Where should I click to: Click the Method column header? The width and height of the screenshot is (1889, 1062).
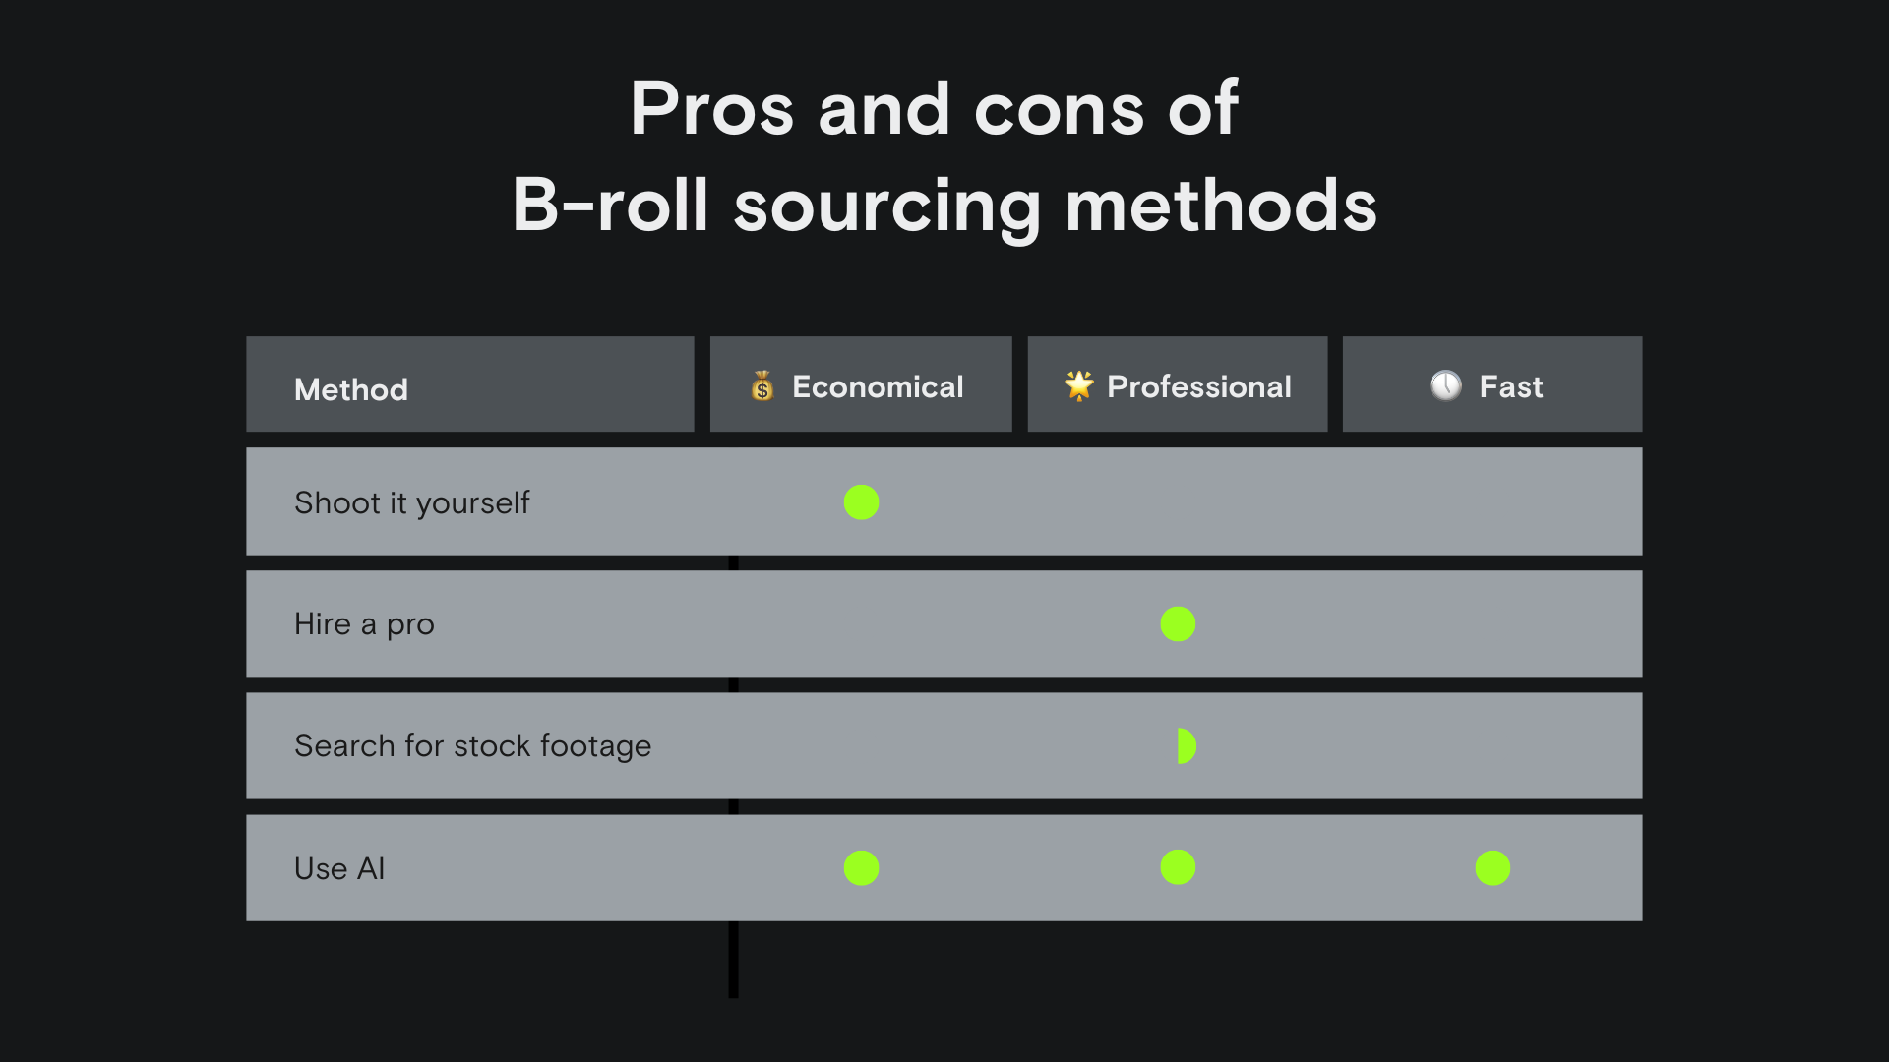351,389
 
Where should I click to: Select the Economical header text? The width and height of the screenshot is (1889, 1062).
878,386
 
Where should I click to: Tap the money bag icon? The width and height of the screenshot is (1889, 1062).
762,385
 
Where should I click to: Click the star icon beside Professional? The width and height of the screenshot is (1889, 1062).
1079,385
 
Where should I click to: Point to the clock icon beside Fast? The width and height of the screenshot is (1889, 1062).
1445,385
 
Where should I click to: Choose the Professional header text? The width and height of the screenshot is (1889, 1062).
1199,386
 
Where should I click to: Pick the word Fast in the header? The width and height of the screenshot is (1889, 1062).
1511,386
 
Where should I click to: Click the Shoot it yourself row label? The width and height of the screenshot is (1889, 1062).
411,503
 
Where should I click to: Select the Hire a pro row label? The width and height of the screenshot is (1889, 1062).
364,624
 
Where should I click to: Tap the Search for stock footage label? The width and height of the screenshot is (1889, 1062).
472,746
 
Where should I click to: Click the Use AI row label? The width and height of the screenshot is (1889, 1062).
339,869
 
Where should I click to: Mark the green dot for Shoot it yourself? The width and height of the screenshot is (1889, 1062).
861,502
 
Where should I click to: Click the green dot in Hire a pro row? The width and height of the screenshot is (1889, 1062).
1178,623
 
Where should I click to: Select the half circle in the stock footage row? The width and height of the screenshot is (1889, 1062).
1186,746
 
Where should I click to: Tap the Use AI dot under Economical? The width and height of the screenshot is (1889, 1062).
861,868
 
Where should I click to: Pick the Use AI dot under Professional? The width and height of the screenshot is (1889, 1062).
1178,867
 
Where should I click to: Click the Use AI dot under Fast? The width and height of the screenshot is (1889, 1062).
1493,868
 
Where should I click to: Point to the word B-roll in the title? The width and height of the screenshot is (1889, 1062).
610,206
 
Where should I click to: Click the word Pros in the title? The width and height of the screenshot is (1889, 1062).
711,108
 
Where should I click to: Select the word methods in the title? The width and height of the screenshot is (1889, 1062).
1221,206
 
